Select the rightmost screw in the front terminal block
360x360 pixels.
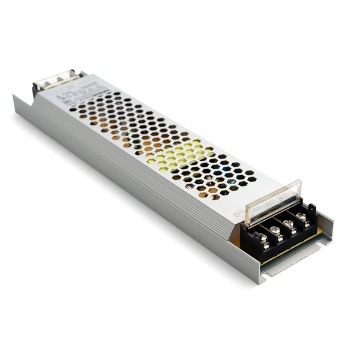coord(301,215)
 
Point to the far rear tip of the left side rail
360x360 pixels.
coord(16,97)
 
